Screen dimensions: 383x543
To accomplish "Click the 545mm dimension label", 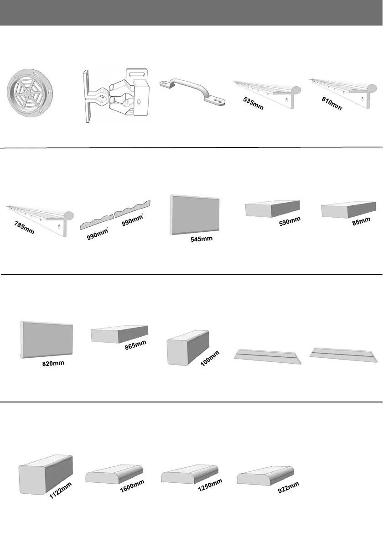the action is tap(202, 239).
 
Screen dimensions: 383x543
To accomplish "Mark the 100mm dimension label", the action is tap(211, 359).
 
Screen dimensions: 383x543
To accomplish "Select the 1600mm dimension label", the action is tap(132, 488).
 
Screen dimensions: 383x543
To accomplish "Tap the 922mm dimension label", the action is tap(288, 488).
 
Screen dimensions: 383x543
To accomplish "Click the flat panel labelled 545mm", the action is tap(195, 215).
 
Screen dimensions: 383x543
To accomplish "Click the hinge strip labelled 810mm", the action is tap(344, 90).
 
